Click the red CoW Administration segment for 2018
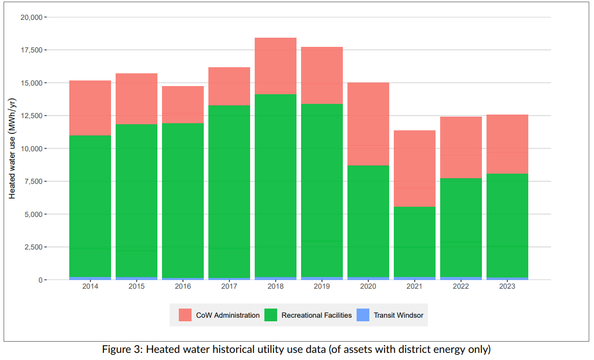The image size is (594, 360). pyautogui.click(x=275, y=66)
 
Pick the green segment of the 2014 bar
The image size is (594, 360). pyautogui.click(x=90, y=206)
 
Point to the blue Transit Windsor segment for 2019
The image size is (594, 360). pyautogui.click(x=321, y=278)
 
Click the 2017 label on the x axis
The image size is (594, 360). pyautogui.click(x=229, y=287)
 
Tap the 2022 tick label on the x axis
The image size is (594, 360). pyautogui.click(x=461, y=287)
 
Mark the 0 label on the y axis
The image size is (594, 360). pyautogui.click(x=41, y=280)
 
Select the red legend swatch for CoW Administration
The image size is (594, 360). pyautogui.click(x=185, y=315)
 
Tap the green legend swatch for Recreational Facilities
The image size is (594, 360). pyautogui.click(x=271, y=315)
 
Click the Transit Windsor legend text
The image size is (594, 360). pyautogui.click(x=398, y=315)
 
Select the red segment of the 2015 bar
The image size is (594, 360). pyautogui.click(x=137, y=99)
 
